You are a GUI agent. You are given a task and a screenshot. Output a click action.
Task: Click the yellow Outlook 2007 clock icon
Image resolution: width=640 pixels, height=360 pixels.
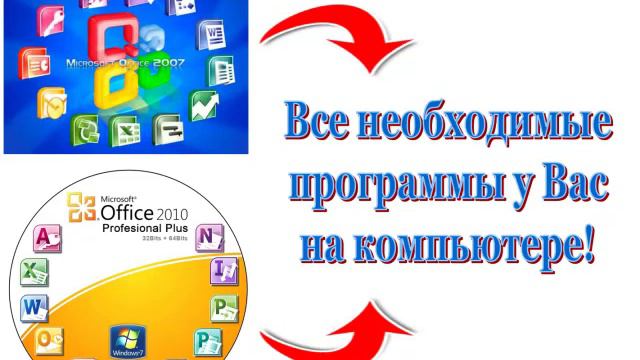pos(51,103)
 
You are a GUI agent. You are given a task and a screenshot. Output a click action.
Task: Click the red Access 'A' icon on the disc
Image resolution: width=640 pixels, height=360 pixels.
pos(46,238)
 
